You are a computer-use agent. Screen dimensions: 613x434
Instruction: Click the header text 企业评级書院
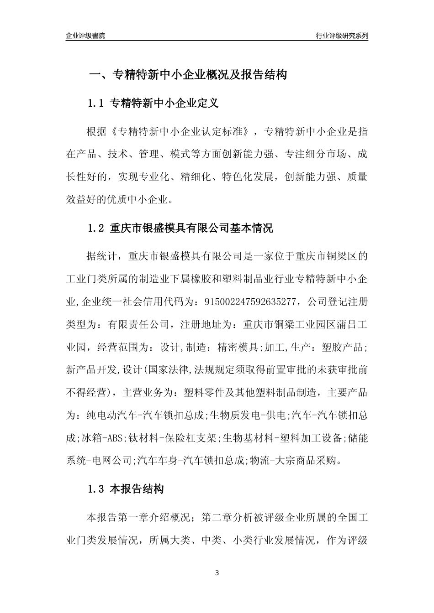[85, 36]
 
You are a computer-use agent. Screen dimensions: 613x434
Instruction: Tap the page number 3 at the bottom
[217, 573]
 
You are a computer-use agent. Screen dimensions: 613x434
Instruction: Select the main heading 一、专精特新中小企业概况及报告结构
[187, 75]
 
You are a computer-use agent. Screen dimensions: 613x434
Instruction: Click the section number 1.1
[96, 104]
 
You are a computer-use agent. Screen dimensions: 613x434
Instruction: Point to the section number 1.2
[96, 229]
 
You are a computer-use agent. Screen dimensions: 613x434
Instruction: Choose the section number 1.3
[96, 490]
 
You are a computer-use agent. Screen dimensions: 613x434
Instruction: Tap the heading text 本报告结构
[137, 490]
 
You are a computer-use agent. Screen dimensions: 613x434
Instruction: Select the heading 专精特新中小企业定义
[164, 104]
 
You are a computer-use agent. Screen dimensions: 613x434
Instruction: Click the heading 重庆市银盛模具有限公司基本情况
[192, 229]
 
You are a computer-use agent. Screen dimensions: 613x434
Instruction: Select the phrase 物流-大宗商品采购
[294, 461]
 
